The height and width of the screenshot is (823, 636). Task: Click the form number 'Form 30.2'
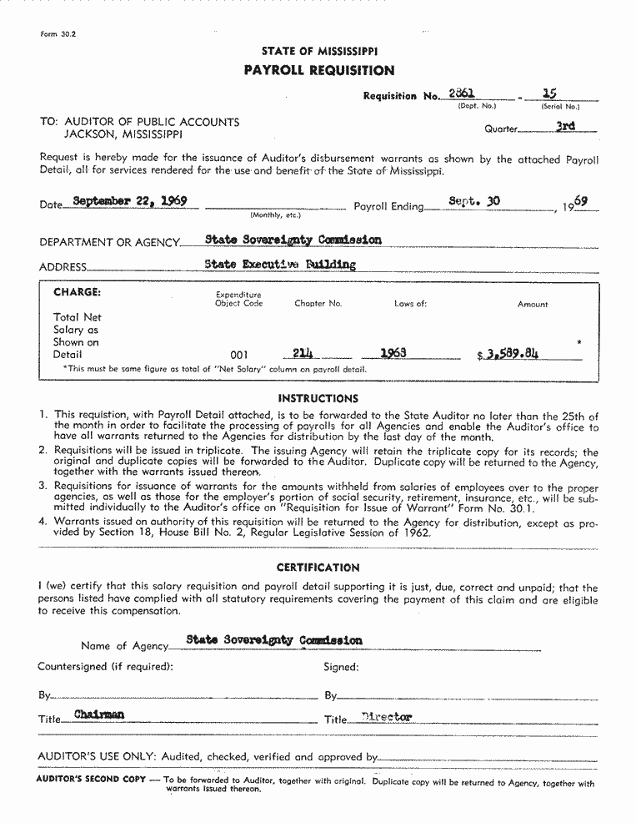pyautogui.click(x=58, y=34)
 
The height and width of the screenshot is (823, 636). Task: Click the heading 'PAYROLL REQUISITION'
pyautogui.click(x=319, y=71)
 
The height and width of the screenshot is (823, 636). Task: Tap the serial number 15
pyautogui.click(x=549, y=94)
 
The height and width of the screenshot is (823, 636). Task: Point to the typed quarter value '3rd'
pyautogui.click(x=565, y=127)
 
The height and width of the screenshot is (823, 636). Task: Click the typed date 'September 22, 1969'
pyautogui.click(x=129, y=201)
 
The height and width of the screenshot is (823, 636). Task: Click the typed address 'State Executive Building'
pyautogui.click(x=280, y=265)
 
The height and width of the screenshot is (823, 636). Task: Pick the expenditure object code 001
pyautogui.click(x=238, y=354)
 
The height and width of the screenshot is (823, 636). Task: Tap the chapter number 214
pyautogui.click(x=303, y=352)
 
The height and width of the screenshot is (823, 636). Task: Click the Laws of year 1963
pyautogui.click(x=393, y=352)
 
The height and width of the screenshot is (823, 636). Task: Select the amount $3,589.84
pyautogui.click(x=508, y=353)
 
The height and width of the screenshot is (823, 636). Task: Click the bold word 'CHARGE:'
pyautogui.click(x=77, y=292)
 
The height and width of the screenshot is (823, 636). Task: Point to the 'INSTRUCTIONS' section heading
pyautogui.click(x=318, y=398)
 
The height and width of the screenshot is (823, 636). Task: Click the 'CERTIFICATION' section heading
pyautogui.click(x=318, y=568)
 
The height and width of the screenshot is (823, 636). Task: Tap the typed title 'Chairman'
pyautogui.click(x=99, y=714)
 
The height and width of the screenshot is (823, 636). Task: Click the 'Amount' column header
pyautogui.click(x=533, y=304)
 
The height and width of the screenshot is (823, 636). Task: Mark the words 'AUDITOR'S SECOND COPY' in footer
pyautogui.click(x=88, y=779)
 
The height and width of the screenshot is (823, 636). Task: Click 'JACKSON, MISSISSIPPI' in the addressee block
pyautogui.click(x=124, y=134)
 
